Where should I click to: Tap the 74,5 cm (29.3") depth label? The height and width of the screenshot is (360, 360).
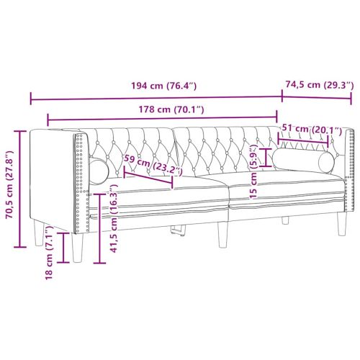coord(318,84)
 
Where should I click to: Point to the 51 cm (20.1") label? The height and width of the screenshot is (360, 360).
coord(312,129)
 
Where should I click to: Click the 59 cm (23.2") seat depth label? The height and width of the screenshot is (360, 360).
coord(152,165)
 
